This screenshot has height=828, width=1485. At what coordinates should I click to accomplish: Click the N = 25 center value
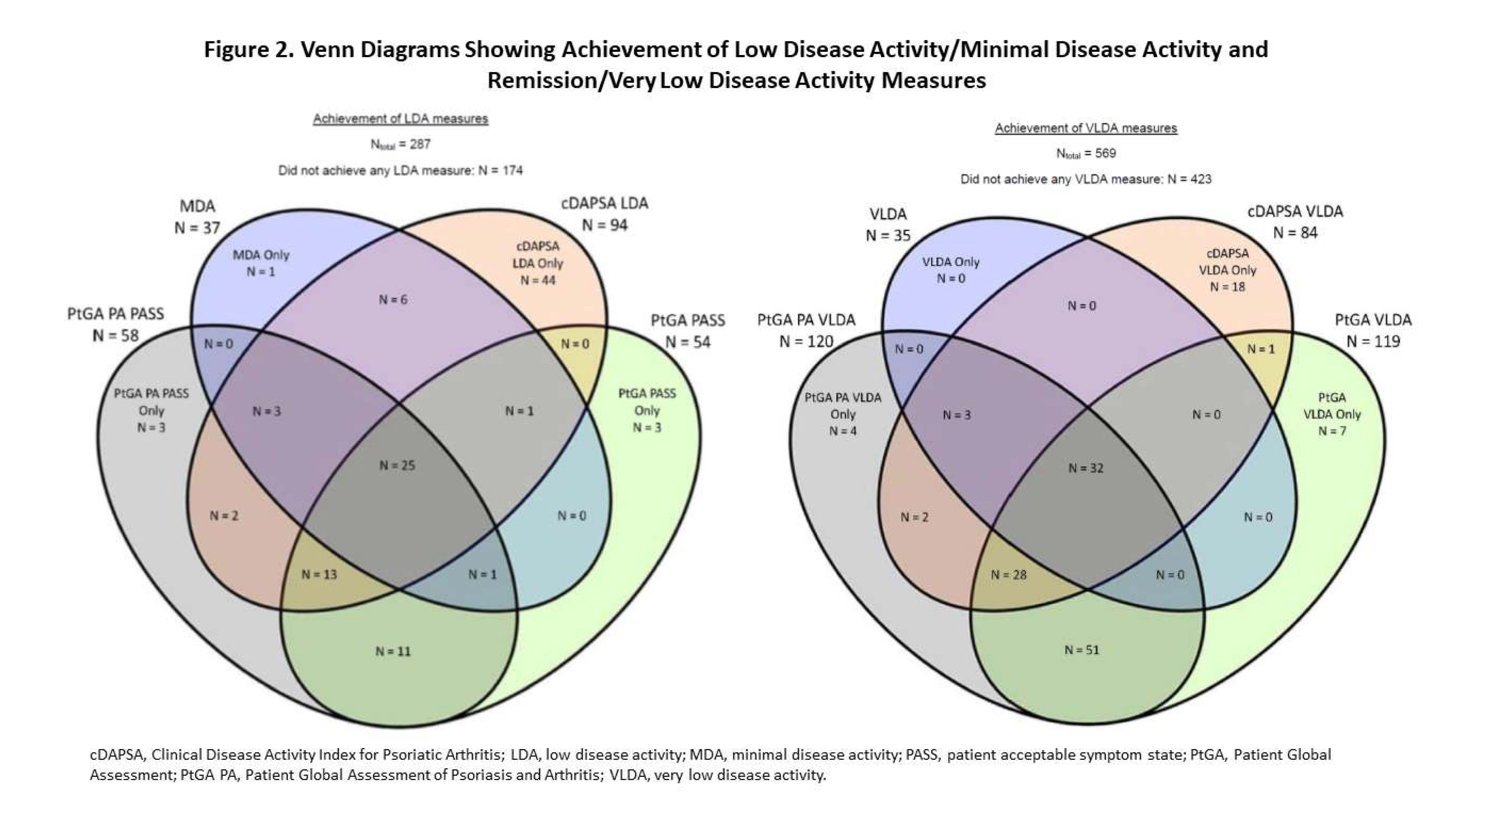397,465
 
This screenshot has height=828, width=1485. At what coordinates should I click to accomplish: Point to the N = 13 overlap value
319,574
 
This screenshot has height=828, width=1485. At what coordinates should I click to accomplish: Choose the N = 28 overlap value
1008,575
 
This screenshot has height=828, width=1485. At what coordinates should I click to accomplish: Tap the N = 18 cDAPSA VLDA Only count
1227,287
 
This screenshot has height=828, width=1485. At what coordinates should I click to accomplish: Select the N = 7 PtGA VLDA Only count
1332,431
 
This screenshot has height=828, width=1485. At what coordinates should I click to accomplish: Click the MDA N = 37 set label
197,217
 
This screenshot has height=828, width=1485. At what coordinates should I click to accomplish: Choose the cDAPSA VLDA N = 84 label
1295,222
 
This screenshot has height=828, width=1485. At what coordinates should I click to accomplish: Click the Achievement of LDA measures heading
401,119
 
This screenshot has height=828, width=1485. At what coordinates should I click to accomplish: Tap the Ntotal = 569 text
1086,153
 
